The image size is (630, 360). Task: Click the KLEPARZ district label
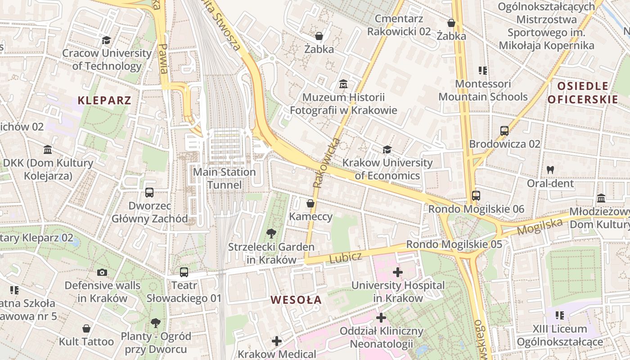pos(104,100)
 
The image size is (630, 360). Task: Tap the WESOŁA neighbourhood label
pos(296,300)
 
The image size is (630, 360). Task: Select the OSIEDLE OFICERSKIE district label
pos(583,93)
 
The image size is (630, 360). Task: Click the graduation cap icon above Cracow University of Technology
pos(106,40)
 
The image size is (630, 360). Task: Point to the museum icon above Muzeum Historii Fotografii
pos(343,84)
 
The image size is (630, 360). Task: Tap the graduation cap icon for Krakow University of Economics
pos(387,149)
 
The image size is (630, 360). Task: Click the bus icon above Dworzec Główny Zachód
pos(149,193)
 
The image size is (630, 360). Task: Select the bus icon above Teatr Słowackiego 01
pos(184,272)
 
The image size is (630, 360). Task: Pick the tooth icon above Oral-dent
pos(550,170)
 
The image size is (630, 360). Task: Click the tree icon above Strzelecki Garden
pos(271,233)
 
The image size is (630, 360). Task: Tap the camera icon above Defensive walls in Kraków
pos(102,272)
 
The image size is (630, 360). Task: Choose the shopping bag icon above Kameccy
pos(310,203)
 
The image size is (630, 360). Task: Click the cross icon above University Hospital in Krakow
pos(398,272)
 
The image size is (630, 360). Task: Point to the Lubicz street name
pos(346,258)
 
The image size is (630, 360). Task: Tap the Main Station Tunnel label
pos(225,178)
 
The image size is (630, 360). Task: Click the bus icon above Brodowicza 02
pos(504,131)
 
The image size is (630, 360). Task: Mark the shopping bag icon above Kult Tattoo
pos(86,328)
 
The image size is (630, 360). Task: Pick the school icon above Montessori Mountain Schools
pos(483,71)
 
